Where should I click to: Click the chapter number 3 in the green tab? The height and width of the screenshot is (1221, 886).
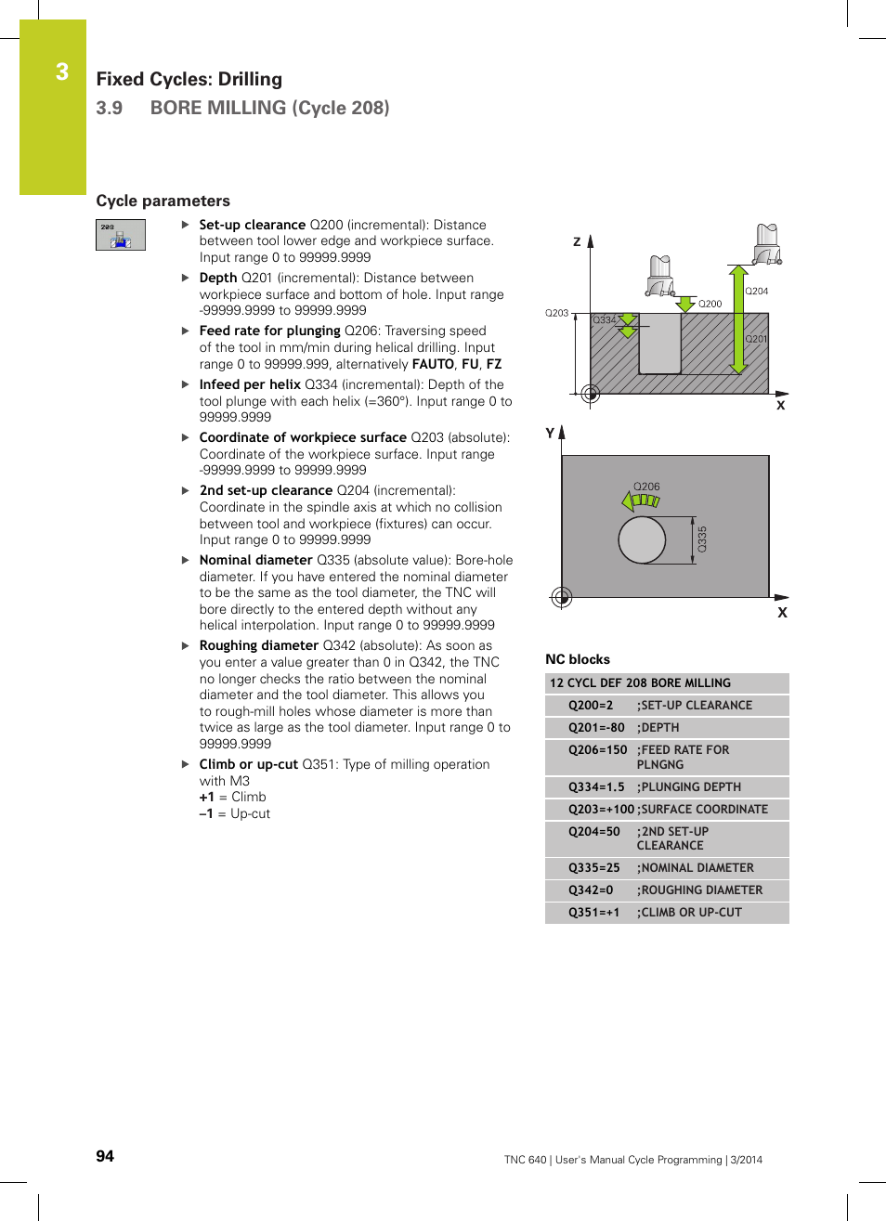point(61,72)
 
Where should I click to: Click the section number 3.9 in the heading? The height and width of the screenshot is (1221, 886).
point(110,108)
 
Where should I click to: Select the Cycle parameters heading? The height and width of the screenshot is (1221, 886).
point(163,201)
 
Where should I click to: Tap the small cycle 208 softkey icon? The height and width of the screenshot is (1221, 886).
point(121,235)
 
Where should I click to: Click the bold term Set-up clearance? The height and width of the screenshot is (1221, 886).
point(252,225)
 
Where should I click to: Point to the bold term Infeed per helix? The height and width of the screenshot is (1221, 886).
point(250,384)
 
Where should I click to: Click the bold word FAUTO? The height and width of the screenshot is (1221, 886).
point(433,364)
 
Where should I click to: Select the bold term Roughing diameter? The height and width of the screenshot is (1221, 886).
point(258,645)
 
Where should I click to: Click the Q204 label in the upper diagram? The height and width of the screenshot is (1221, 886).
point(757,292)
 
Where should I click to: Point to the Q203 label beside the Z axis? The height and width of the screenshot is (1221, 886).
point(556,313)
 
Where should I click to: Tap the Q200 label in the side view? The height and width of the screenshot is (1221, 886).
point(710,304)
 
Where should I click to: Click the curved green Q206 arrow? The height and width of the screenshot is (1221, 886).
point(641,501)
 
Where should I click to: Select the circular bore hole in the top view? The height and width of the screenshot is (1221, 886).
point(642,539)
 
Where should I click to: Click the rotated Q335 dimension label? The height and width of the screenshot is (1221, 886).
point(702,539)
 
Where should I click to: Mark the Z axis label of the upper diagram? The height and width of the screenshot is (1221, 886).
point(577,241)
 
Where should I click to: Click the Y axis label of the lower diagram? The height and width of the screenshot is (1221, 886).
point(550,433)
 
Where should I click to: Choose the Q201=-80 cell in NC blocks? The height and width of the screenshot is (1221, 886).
point(595,728)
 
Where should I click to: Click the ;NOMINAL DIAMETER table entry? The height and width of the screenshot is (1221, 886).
point(697,868)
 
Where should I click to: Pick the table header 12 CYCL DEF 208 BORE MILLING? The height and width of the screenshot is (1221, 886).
point(640,683)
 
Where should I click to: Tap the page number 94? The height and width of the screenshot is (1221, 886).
point(105,1156)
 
